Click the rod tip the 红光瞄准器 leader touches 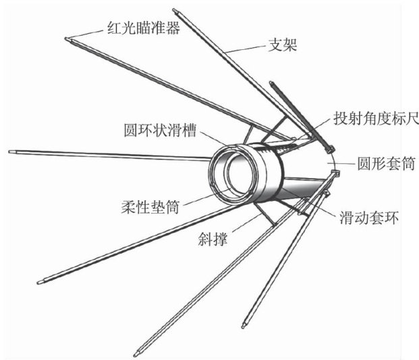[x=67, y=38]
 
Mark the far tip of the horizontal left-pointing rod [x=11, y=152]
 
